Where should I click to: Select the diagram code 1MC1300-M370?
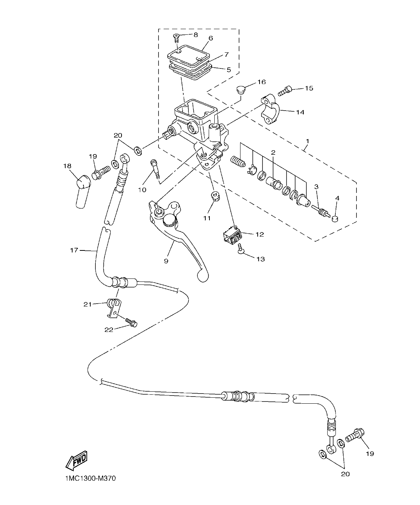88,478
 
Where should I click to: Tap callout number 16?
261,82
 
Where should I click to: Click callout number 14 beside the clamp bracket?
300,112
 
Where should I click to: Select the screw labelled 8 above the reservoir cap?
176,36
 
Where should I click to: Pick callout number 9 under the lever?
166,261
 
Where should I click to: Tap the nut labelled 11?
215,195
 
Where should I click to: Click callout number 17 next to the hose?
74,250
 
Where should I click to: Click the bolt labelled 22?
131,322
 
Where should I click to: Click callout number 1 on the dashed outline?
307,141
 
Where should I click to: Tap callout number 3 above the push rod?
316,186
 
